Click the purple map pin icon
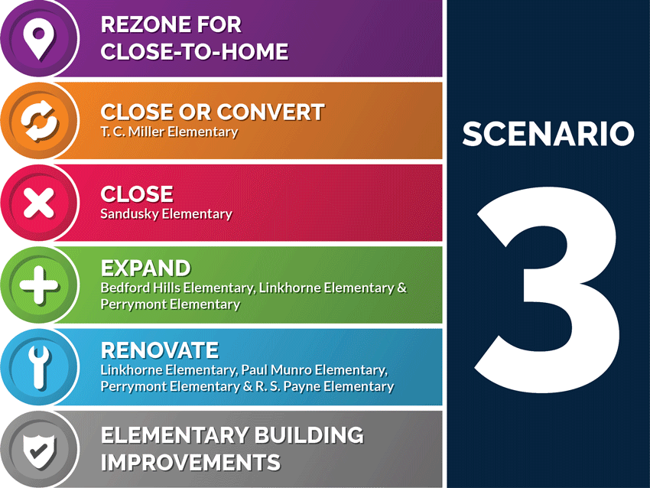coord(37,37)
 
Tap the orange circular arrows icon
coord(38,121)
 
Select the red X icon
coord(38,203)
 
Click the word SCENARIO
coord(548,135)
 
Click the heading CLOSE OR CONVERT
coord(213,112)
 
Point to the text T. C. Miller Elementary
coord(169,132)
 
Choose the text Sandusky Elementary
coord(166,214)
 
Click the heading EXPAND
coord(145,268)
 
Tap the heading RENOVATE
coord(160,351)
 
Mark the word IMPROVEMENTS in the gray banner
coord(190,463)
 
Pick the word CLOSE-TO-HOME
coord(194,52)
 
